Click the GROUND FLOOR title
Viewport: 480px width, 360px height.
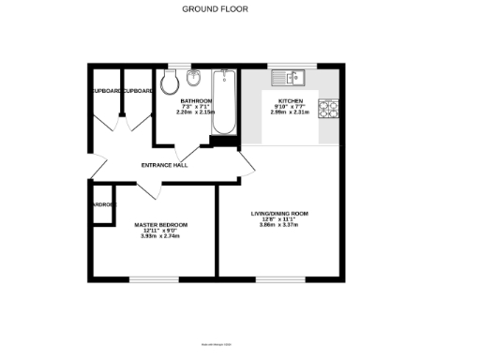pyautogui.click(x=208, y=8)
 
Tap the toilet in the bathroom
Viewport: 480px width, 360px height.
pyautogui.click(x=170, y=83)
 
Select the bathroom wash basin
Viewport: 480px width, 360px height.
pyautogui.click(x=194, y=77)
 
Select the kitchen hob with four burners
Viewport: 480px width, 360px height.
pyautogui.click(x=330, y=110)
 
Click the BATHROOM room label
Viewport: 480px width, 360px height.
pyautogui.click(x=197, y=100)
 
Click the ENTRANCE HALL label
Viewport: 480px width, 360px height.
pyautogui.click(x=164, y=165)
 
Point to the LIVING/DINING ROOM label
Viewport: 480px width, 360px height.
pyautogui.click(x=278, y=214)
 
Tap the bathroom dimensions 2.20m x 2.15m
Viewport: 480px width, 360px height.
pyautogui.click(x=197, y=112)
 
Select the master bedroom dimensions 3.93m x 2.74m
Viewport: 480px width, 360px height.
pyautogui.click(x=160, y=236)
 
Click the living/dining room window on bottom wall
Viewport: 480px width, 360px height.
pyautogui.click(x=274, y=278)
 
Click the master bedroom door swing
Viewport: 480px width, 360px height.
pyautogui.click(x=150, y=189)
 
